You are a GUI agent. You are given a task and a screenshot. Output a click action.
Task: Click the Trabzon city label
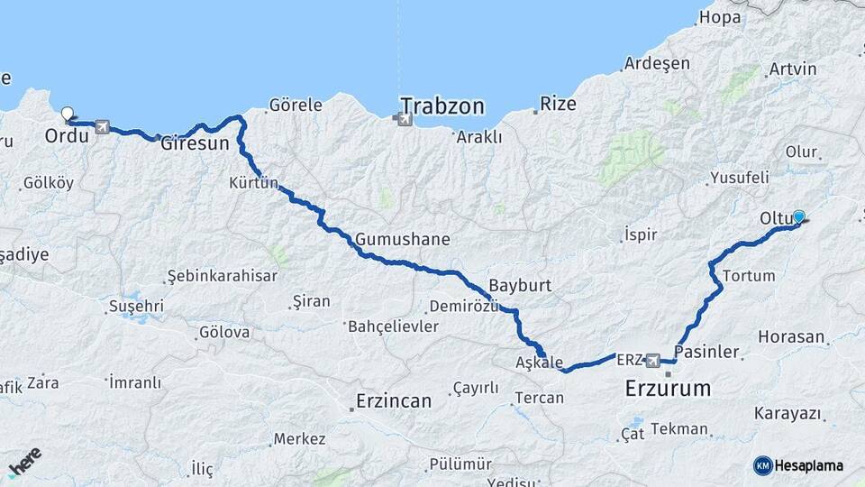442,106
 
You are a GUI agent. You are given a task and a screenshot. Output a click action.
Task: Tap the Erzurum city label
668,390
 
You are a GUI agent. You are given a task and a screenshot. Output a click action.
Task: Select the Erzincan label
393,400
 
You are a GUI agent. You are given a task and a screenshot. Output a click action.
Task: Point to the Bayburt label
520,284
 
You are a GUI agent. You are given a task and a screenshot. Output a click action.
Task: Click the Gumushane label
402,240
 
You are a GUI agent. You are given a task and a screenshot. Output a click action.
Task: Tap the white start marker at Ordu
67,115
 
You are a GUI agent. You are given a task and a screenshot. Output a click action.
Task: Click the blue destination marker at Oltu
798,216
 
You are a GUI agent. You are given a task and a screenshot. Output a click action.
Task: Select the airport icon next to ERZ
654,360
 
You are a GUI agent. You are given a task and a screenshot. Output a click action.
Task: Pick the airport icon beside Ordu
101,127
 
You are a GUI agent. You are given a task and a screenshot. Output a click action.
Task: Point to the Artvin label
793,69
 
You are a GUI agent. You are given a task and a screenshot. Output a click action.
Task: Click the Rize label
558,104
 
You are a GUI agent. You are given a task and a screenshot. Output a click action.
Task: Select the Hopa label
720,16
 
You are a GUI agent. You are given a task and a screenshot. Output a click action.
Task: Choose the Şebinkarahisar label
222,276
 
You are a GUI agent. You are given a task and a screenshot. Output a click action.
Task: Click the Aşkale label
539,362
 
